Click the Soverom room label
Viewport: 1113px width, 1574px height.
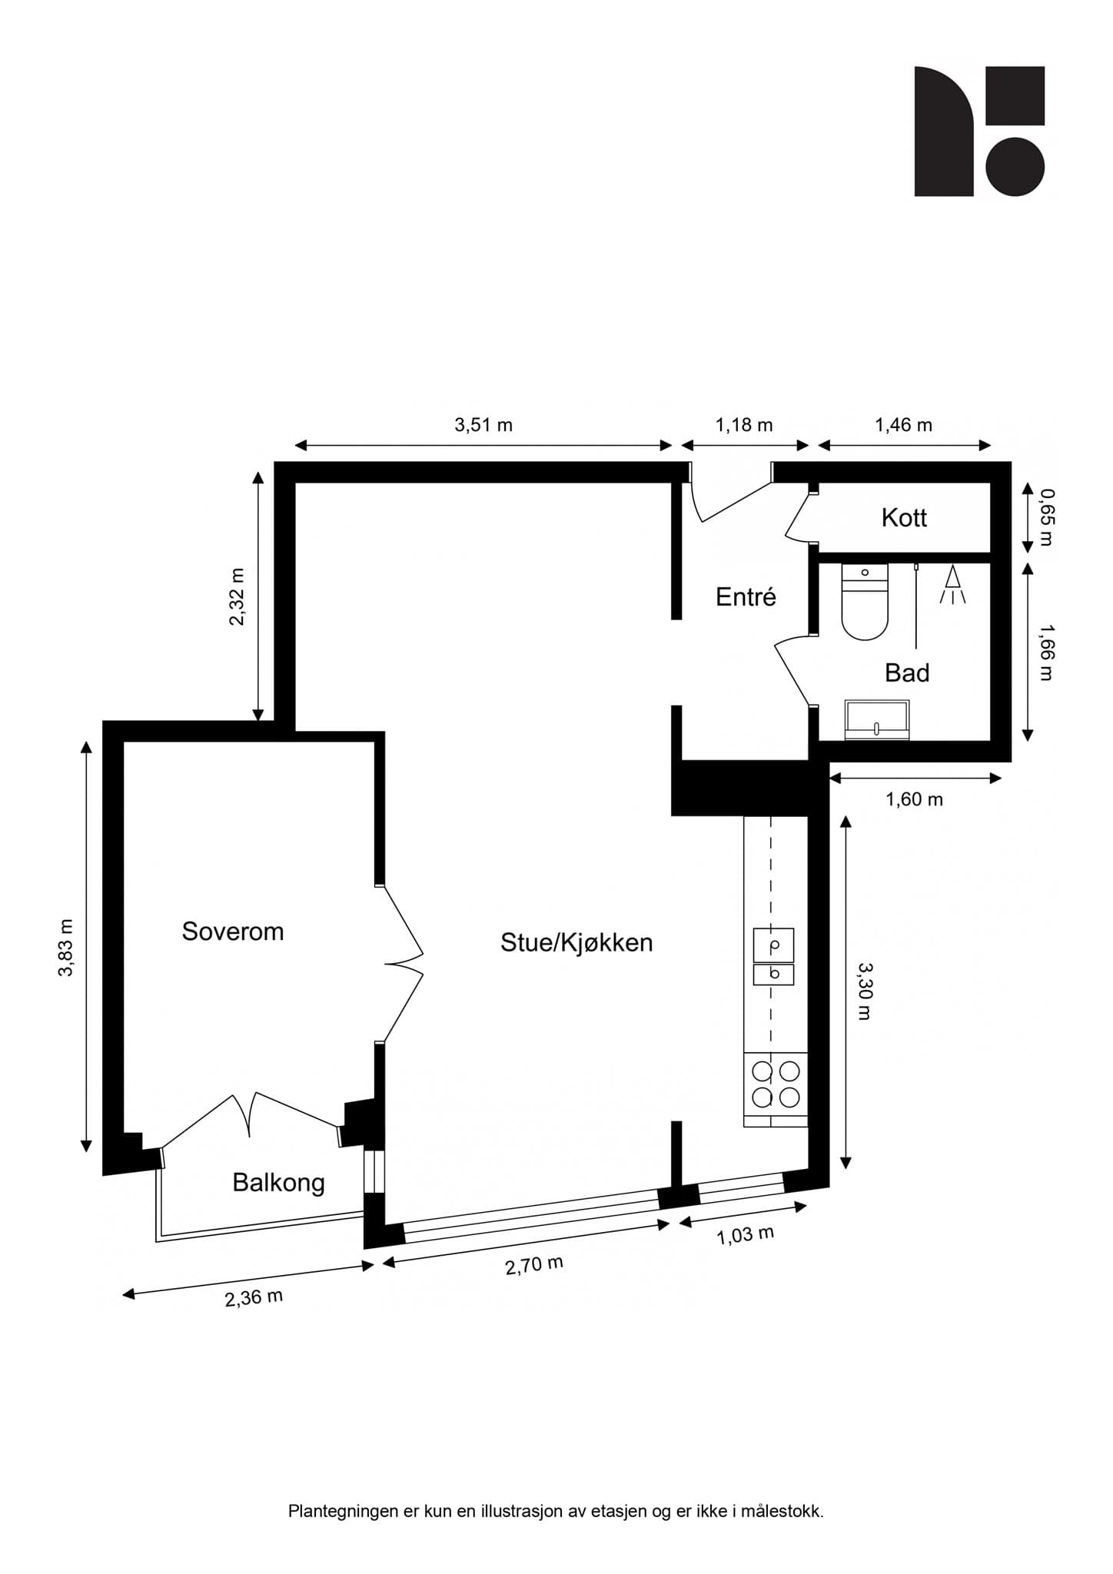click(232, 931)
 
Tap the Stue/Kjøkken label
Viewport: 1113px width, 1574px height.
click(576, 942)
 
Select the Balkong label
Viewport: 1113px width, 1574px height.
click(278, 1182)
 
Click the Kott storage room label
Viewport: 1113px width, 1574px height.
click(904, 518)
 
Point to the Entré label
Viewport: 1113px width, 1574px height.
click(746, 597)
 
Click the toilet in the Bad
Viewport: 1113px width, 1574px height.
click(865, 603)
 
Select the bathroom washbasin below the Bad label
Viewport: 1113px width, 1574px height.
click(876, 720)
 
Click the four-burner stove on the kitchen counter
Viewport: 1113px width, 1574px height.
click(776, 1084)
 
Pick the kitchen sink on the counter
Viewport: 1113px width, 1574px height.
click(772, 956)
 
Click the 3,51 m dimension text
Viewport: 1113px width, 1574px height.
click(483, 425)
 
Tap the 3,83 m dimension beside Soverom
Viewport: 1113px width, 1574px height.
click(67, 947)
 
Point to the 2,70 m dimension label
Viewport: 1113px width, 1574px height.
click(534, 1264)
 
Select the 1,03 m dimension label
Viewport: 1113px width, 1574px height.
click(745, 1235)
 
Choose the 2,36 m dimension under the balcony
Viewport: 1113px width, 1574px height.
click(254, 1297)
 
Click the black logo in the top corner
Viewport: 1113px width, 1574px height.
click(978, 131)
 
